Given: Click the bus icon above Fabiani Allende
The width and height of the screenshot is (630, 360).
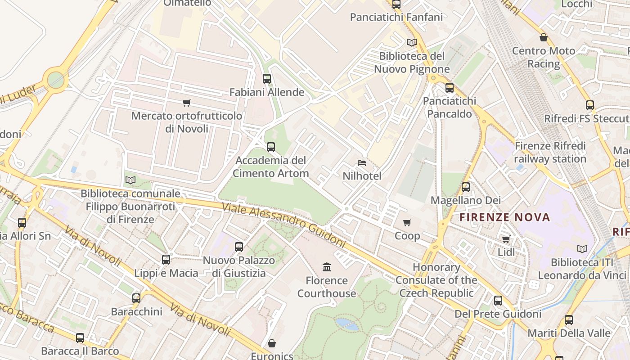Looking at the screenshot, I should click(266, 79).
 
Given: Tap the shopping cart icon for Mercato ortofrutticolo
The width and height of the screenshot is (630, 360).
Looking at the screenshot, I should click(187, 103).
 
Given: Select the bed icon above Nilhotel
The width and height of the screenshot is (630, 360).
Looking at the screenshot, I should click(362, 163).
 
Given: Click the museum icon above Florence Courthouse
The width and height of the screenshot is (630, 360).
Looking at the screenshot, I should click(327, 267).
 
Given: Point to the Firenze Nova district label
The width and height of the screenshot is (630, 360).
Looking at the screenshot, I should click(504, 218).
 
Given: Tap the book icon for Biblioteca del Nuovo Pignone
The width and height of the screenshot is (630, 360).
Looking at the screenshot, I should click(411, 43).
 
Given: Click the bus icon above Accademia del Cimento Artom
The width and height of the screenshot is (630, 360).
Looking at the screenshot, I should click(270, 147).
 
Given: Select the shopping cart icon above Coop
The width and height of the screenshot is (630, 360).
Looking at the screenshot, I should click(407, 222).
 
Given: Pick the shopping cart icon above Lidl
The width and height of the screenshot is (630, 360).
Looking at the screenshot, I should click(506, 239).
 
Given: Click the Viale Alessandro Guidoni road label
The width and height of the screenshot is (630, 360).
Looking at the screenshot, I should click(283, 225).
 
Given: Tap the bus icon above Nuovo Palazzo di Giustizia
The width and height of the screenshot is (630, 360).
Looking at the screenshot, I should click(239, 247).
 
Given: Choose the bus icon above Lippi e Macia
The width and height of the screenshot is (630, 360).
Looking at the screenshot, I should click(166, 260).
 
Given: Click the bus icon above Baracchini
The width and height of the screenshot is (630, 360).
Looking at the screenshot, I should click(136, 298).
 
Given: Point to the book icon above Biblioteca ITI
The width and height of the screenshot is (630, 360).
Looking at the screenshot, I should click(582, 249).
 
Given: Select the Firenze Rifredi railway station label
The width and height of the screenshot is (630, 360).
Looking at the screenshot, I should click(550, 153).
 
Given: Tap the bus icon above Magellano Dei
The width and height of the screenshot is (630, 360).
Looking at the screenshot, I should click(466, 187).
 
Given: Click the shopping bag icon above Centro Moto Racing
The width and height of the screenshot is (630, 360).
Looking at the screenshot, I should click(544, 37).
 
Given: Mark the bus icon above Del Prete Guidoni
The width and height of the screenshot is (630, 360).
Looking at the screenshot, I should click(498, 300).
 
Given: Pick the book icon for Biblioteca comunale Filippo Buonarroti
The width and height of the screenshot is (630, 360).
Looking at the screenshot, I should click(130, 180).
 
